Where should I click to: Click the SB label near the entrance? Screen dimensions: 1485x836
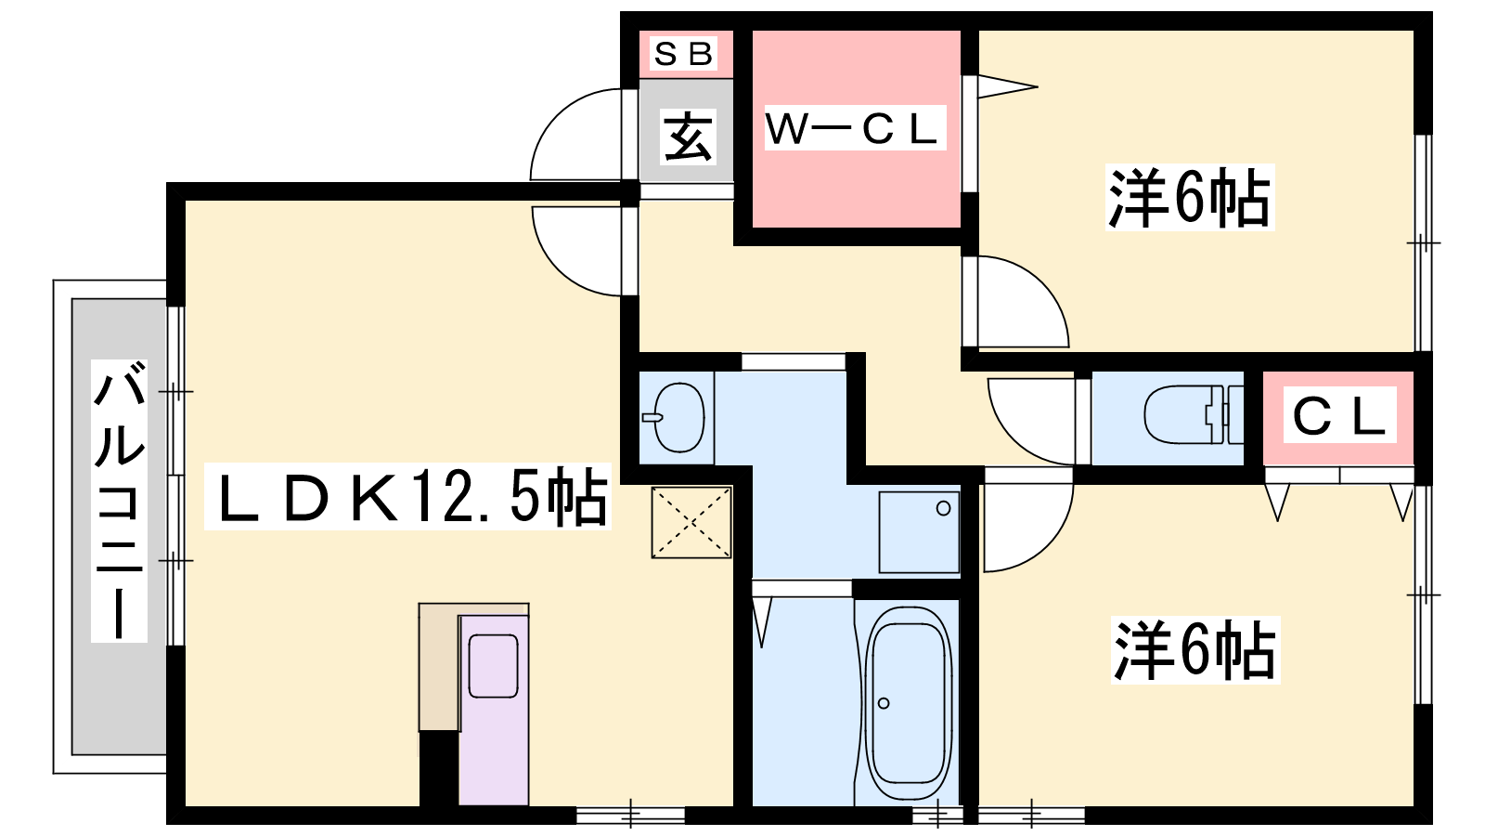[x=683, y=54]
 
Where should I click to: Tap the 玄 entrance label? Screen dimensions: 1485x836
[x=688, y=137]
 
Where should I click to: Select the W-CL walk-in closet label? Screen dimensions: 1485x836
[x=854, y=129]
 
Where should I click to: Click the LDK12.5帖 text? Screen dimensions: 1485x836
[x=407, y=497]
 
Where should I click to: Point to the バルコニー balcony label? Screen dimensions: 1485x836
[x=120, y=501]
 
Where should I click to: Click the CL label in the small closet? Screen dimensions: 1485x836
[x=1340, y=416]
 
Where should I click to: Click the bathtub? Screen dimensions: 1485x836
[x=909, y=703]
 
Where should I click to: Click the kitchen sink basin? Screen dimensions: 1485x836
[x=493, y=666]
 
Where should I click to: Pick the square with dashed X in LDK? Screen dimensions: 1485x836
[x=691, y=523]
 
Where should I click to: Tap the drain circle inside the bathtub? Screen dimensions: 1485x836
[x=883, y=703]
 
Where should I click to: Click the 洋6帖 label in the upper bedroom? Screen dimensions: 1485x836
[x=1189, y=197]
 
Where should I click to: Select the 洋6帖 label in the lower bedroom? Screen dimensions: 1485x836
[x=1194, y=649]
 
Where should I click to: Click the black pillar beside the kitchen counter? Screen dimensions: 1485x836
[x=438, y=768]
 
